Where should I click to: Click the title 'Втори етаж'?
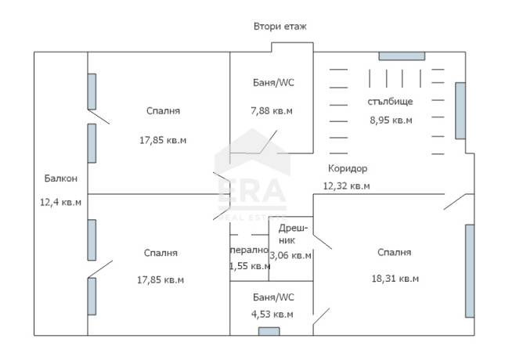click(x=280, y=26)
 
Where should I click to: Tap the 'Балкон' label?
click(x=60, y=178)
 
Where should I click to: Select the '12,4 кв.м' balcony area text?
click(x=60, y=202)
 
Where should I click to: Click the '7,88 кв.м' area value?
click(x=272, y=111)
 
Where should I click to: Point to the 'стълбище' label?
click(x=390, y=102)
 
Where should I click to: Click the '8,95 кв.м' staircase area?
click(x=391, y=120)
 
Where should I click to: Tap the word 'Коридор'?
click(x=348, y=168)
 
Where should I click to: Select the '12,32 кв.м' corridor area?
click(x=347, y=185)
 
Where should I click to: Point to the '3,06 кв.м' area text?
click(x=290, y=255)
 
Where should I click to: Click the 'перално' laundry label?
click(x=249, y=250)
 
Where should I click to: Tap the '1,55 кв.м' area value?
click(x=250, y=266)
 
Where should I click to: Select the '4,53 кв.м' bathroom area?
click(x=272, y=314)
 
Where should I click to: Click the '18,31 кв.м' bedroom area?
click(x=395, y=279)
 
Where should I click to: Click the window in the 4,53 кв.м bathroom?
click(x=269, y=331)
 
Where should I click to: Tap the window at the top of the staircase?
click(x=402, y=56)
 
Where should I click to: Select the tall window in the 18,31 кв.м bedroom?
click(x=470, y=271)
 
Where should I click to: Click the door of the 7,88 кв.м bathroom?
click(x=269, y=142)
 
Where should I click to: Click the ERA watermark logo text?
click(x=252, y=190)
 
